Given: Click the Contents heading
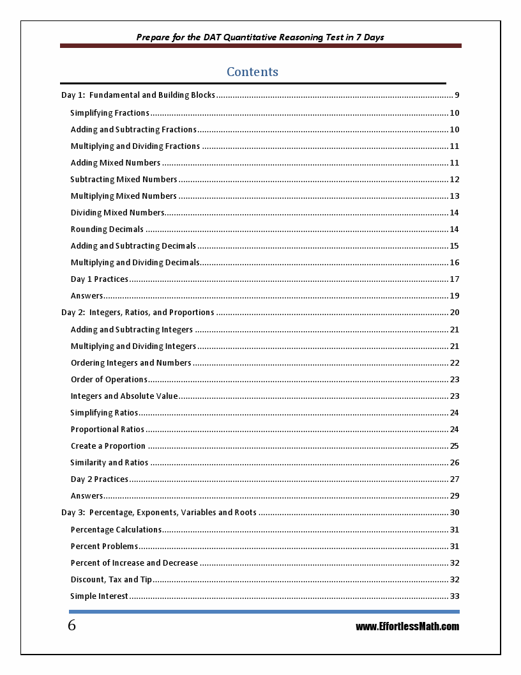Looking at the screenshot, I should [x=252, y=72].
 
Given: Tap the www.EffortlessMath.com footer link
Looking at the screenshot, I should [x=407, y=626].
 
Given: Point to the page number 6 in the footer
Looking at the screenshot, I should [x=72, y=626].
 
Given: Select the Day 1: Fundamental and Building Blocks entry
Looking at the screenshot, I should [x=138, y=95].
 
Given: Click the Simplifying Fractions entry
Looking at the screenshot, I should [x=110, y=113].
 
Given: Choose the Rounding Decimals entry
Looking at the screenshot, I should [x=107, y=229].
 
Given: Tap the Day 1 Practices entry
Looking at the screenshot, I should [x=99, y=279].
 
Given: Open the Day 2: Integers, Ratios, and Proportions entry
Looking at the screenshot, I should [x=137, y=313].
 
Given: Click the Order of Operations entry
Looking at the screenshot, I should [x=109, y=380].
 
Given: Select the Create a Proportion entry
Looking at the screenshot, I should [x=108, y=446].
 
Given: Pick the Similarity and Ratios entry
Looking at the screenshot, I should [x=109, y=463].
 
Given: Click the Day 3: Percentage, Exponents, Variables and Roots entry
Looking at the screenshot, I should [x=159, y=513].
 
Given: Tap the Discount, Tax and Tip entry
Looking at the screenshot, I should [x=111, y=580].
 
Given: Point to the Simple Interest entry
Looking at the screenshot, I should [x=99, y=596].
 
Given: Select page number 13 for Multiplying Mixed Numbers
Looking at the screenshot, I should [x=455, y=196].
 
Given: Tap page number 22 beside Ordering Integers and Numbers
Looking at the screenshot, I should [x=455, y=363].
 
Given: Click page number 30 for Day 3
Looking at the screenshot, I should [x=455, y=513].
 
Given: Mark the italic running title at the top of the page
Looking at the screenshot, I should [x=260, y=37].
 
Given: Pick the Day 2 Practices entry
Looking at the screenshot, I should [x=99, y=479].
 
